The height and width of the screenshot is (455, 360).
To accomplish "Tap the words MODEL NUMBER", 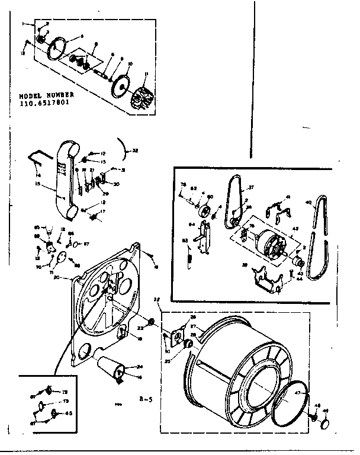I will pos(46,94).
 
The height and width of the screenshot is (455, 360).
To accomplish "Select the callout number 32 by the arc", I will pos(135,151).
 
